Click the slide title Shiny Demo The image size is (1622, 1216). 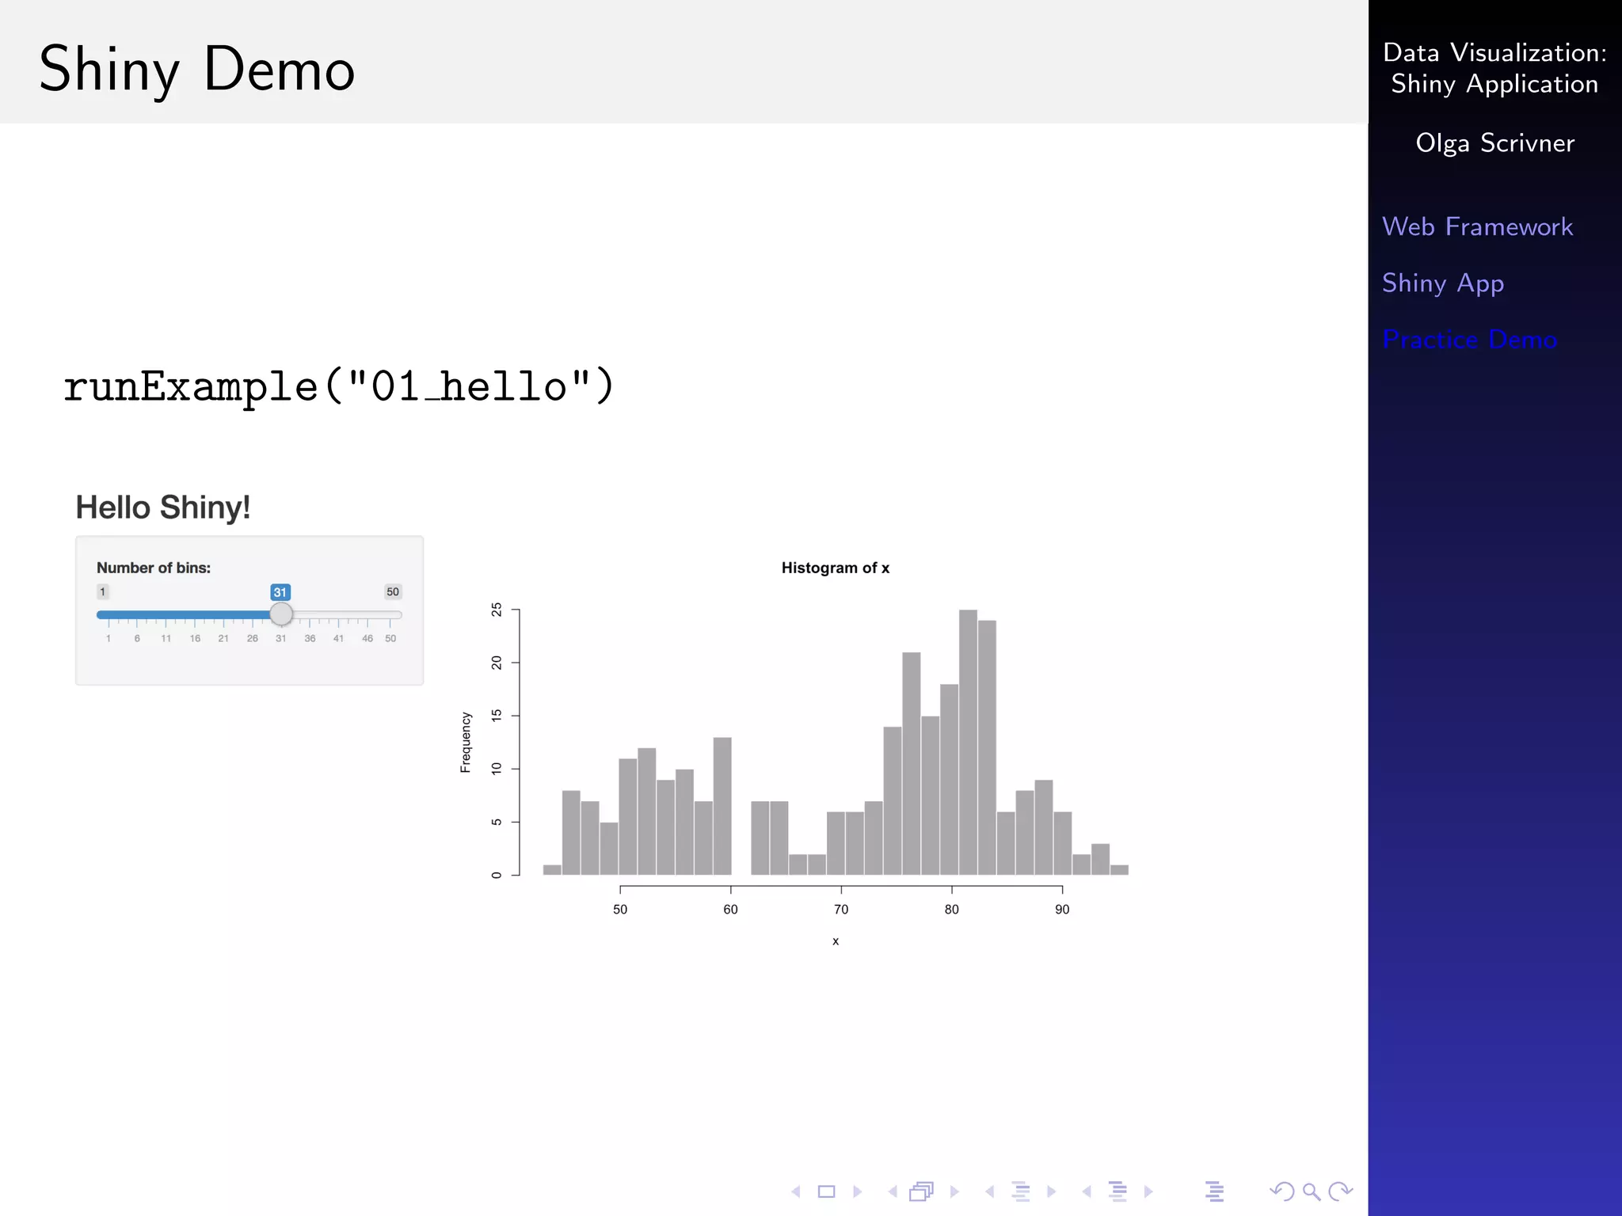pyautogui.click(x=196, y=70)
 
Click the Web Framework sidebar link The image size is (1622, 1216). pyautogui.click(x=1477, y=227)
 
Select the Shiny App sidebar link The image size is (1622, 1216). pyautogui.click(x=1442, y=283)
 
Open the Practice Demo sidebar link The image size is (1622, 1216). pyautogui.click(x=1469, y=340)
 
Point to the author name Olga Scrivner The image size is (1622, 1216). pyautogui.click(x=1494, y=143)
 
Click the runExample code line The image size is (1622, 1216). pyautogui.click(x=339, y=387)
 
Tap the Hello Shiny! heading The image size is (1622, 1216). pyautogui.click(x=163, y=507)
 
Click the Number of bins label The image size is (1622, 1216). pyautogui.click(x=154, y=568)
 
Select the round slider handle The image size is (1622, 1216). pyautogui.click(x=281, y=614)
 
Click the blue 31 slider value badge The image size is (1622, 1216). pyautogui.click(x=280, y=592)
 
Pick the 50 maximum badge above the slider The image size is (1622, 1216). pyautogui.click(x=393, y=591)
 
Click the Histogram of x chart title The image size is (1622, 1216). pyautogui.click(x=835, y=568)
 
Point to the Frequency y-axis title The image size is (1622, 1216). pyautogui.click(x=466, y=742)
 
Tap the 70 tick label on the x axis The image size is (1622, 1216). pyautogui.click(x=841, y=910)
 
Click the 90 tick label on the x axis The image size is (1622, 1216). pyautogui.click(x=1062, y=910)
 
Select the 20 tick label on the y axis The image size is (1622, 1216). pyautogui.click(x=497, y=663)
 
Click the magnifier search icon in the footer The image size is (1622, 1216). pyautogui.click(x=1311, y=1191)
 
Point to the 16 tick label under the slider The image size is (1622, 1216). pyautogui.click(x=195, y=638)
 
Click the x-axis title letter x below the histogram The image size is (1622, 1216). pyautogui.click(x=836, y=941)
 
